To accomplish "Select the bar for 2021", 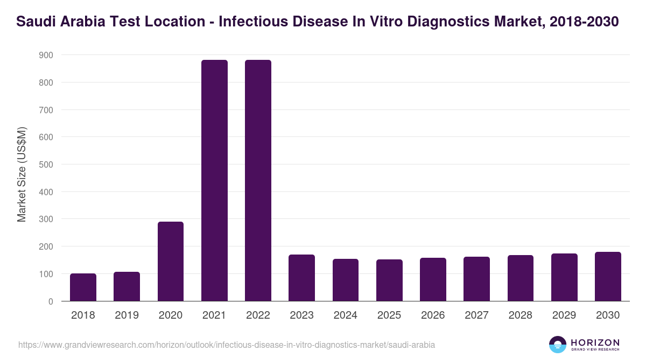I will click(214, 181).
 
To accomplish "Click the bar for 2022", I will click(258, 181).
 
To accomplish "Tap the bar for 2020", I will click(171, 262).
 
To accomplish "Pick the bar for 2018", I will click(83, 287).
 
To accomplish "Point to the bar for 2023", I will click(301, 278).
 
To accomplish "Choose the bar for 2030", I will click(608, 277).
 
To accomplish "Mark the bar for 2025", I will click(389, 280).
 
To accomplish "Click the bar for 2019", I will click(127, 286).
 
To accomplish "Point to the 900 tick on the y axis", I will click(46, 55).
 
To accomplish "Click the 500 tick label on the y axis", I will click(46, 164).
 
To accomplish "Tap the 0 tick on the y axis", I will click(51, 301).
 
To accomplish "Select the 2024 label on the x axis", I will click(346, 315).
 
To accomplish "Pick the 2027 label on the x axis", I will click(476, 315).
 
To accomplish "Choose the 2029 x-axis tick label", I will click(564, 315).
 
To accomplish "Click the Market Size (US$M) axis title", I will click(22, 174).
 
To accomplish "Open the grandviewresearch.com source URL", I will click(227, 345).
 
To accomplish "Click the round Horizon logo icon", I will click(557, 345).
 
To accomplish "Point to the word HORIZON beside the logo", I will click(595, 342).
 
